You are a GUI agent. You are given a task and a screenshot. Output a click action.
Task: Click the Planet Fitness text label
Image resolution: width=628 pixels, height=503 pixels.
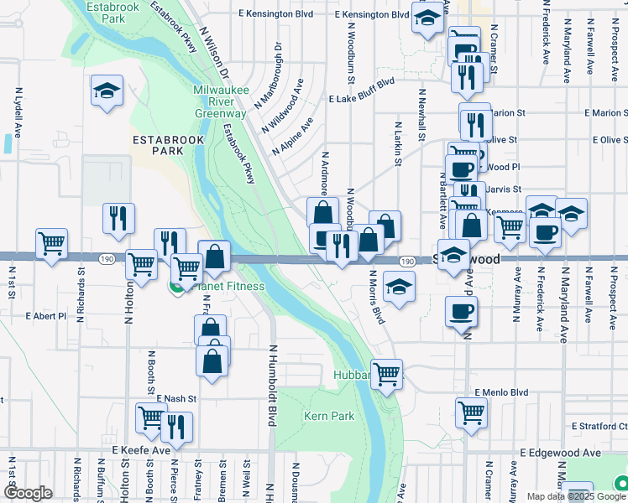(228, 287)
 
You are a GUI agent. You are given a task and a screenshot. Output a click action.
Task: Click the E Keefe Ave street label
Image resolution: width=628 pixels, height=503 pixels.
(141, 450)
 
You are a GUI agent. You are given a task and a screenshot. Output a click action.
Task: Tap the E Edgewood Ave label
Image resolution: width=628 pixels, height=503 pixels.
(560, 453)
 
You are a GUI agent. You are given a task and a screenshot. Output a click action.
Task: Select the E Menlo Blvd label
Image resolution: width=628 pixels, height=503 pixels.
(500, 392)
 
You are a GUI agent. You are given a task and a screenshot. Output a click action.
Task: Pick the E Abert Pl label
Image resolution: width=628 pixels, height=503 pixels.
(45, 316)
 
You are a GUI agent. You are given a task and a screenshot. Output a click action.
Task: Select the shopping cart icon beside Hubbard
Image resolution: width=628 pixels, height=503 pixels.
(386, 373)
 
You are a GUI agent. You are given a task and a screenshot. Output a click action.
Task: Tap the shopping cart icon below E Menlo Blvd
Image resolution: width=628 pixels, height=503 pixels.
(471, 411)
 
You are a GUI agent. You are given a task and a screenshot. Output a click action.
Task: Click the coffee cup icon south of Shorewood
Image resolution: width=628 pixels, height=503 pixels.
(460, 314)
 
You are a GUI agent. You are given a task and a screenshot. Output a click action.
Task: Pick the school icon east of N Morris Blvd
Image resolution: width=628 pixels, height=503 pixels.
(399, 286)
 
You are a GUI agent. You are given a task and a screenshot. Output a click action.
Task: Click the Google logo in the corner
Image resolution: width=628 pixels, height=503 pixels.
(27, 494)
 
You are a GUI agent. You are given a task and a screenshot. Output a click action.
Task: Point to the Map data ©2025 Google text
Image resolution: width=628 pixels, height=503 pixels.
(575, 496)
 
